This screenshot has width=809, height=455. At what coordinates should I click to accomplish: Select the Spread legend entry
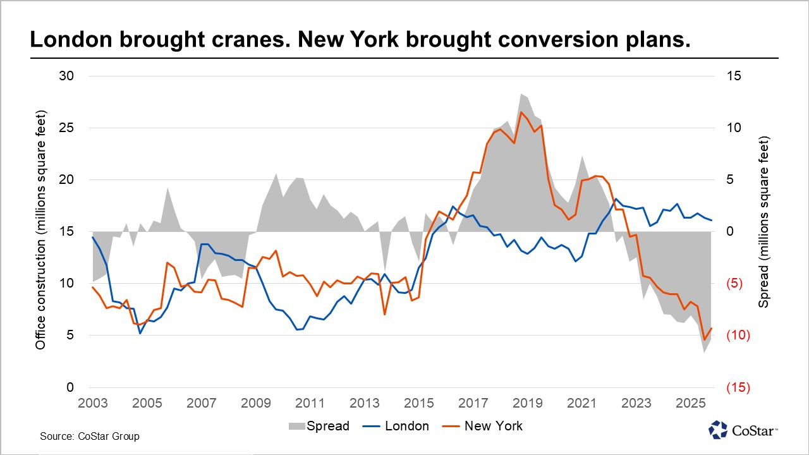coord(328,426)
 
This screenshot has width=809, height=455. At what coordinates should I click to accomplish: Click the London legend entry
coord(407,426)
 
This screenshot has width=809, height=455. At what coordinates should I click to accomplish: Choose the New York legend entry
coord(493,426)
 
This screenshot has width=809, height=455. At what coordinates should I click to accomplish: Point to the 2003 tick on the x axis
coord(92,403)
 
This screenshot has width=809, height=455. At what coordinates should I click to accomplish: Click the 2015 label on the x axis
coord(419,403)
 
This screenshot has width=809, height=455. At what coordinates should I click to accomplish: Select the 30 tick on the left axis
coord(66,76)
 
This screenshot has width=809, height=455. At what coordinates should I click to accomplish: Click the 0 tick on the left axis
coord(70,387)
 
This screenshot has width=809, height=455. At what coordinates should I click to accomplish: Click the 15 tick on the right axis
coord(736,76)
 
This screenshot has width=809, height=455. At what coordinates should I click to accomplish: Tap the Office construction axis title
coord(41,231)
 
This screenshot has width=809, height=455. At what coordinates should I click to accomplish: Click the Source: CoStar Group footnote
coord(89,436)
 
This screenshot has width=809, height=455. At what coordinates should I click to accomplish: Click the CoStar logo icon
coord(718,430)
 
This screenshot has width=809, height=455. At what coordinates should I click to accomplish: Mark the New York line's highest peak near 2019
coord(521,112)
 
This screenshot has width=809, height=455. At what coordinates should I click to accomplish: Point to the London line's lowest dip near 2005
coord(140,333)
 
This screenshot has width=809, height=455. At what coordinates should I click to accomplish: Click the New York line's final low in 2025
coord(705,340)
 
